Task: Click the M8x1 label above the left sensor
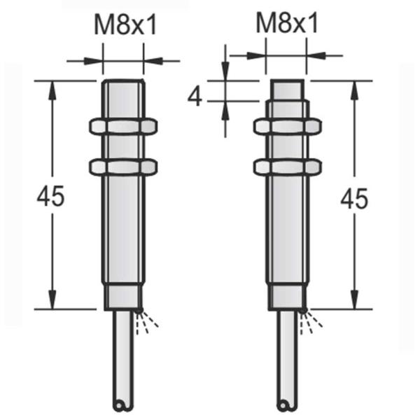click(x=123, y=27)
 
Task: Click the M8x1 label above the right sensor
click(x=286, y=25)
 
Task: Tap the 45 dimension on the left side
click(x=50, y=197)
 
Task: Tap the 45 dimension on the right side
click(x=353, y=199)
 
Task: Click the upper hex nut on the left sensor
click(x=123, y=126)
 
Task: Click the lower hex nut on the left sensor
click(x=123, y=167)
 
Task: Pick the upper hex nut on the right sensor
click(x=287, y=126)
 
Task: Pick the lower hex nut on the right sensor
click(x=287, y=167)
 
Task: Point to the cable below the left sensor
click(x=123, y=357)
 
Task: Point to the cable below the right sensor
click(x=287, y=357)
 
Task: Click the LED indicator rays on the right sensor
click(x=313, y=322)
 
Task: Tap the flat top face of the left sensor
click(x=123, y=81)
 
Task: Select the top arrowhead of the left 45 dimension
click(x=51, y=88)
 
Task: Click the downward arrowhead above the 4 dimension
click(x=225, y=73)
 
